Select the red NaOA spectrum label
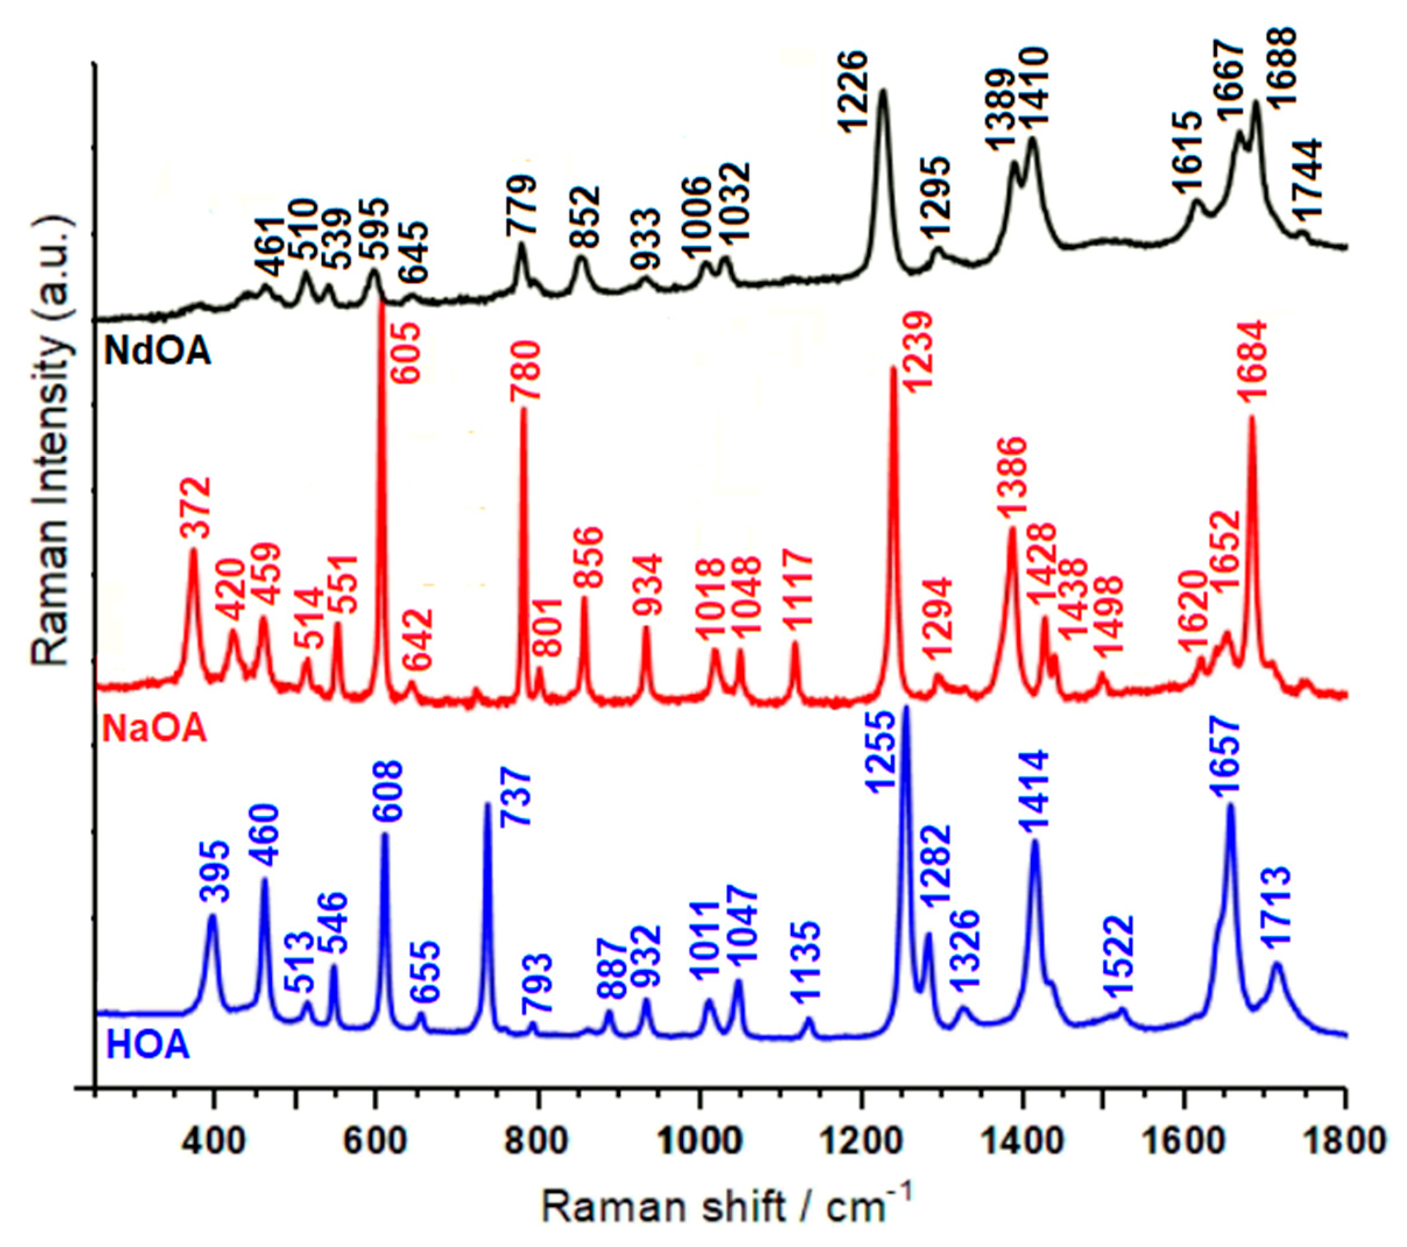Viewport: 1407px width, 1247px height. point(154,729)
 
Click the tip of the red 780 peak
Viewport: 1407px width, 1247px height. point(523,409)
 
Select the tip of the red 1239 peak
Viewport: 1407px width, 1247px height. point(893,368)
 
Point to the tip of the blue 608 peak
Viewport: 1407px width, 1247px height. point(385,835)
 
